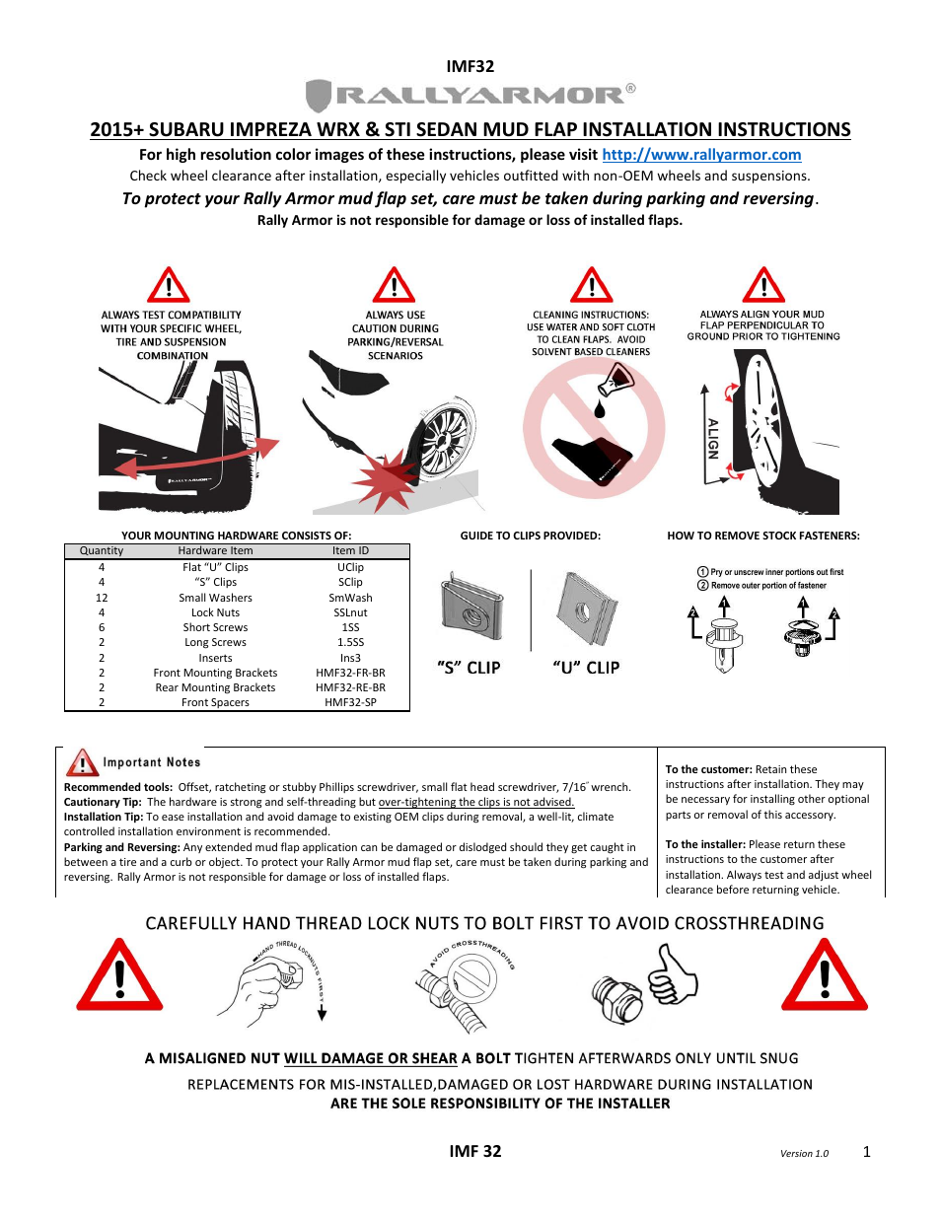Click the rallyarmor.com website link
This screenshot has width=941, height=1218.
701,155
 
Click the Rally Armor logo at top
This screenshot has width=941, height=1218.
470,96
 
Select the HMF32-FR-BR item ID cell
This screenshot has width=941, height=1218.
350,673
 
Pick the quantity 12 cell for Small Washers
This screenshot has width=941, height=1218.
102,598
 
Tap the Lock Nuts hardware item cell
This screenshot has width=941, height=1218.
215,612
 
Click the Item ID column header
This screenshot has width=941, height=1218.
350,551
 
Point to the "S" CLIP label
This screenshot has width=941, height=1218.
469,668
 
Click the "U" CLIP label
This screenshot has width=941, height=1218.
586,668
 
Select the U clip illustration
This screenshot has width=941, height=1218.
587,609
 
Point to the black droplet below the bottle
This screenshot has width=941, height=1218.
599,408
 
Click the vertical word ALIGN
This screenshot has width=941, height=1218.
713,439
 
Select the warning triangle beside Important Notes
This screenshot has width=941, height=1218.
82,762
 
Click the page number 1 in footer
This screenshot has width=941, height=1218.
866,1152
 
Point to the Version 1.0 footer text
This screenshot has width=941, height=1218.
804,1154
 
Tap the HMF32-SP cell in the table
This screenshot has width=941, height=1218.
350,703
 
